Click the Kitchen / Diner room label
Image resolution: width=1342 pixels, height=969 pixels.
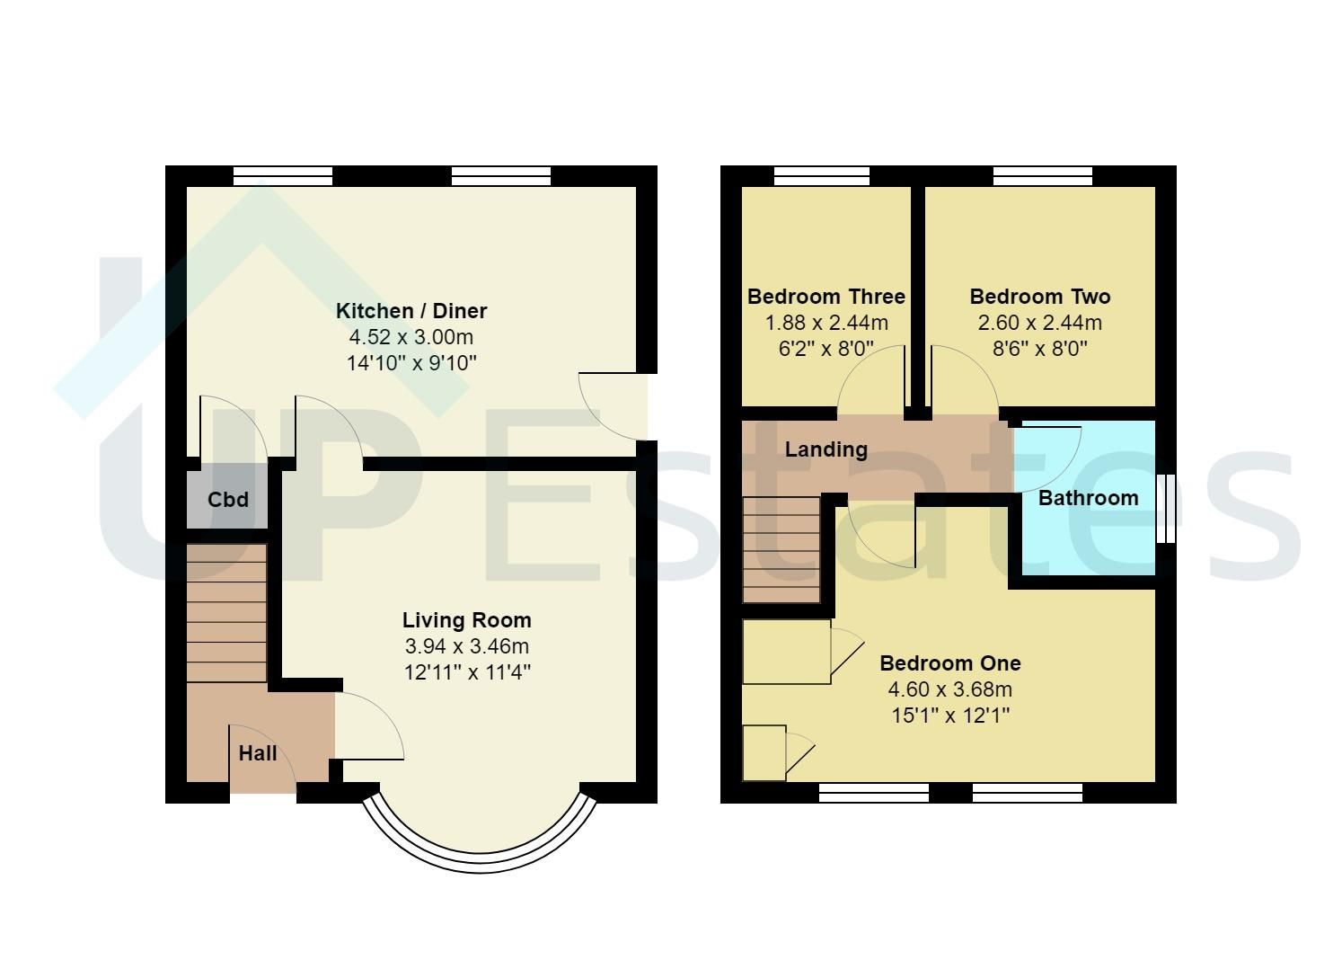click(411, 311)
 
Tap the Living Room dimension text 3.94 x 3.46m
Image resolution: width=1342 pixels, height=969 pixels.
click(466, 646)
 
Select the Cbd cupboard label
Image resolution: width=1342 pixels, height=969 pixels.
click(227, 500)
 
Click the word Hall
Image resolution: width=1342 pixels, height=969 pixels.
click(258, 753)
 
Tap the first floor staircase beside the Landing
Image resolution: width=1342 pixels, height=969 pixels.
click(781, 549)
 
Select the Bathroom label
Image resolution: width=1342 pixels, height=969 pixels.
click(1088, 498)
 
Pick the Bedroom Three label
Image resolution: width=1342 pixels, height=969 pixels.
click(826, 297)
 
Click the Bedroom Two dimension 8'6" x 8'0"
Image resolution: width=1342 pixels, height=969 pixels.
click(1039, 349)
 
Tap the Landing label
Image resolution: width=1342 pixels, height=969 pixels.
click(826, 449)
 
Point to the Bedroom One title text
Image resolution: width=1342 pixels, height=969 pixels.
click(949, 663)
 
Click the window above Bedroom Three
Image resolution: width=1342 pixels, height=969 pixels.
click(821, 176)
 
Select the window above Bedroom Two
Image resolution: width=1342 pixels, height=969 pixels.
click(1042, 176)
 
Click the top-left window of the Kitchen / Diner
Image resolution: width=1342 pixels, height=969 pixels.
click(282, 176)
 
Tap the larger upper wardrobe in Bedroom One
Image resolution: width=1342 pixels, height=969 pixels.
click(787, 652)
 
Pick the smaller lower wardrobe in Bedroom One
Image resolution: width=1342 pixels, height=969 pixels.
click(764, 752)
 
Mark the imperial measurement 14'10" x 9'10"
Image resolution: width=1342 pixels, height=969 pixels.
click(411, 364)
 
